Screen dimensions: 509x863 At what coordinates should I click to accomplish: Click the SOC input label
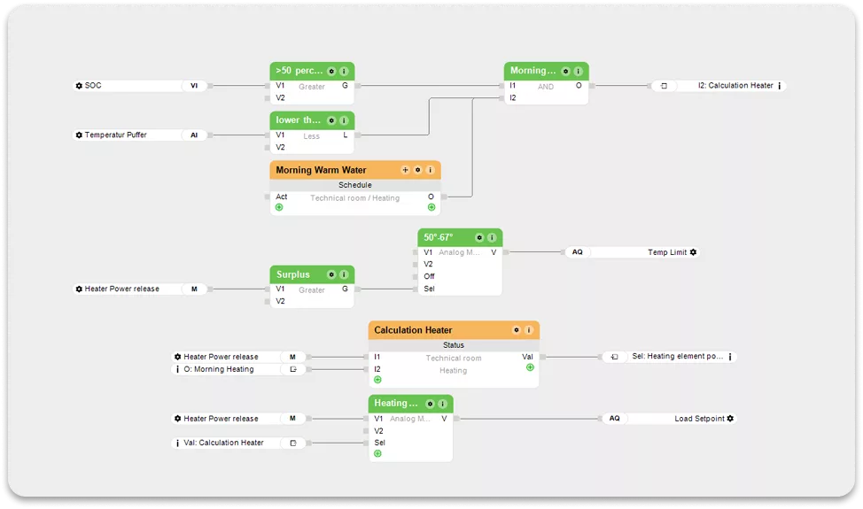click(93, 86)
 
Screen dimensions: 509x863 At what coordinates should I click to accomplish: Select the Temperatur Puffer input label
click(115, 135)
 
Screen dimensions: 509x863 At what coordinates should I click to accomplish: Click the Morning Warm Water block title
click(321, 170)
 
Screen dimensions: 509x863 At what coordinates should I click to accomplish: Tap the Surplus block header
click(293, 274)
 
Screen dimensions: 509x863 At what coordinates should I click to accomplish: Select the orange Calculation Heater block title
click(413, 330)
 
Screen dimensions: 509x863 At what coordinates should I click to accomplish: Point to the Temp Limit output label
click(666, 252)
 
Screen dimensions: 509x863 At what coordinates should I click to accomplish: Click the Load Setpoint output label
click(699, 419)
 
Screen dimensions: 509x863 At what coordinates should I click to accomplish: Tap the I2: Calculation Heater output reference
click(735, 86)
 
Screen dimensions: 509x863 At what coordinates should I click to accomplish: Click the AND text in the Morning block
click(546, 87)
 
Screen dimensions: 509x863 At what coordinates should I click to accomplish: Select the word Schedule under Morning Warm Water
click(355, 185)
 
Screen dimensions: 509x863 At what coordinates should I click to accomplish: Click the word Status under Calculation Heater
click(454, 345)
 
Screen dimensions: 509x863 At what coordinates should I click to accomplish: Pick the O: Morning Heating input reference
click(218, 369)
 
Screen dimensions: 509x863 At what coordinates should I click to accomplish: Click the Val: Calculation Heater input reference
click(223, 443)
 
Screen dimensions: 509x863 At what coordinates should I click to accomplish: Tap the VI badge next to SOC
click(194, 86)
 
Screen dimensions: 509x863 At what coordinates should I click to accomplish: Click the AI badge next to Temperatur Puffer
click(194, 135)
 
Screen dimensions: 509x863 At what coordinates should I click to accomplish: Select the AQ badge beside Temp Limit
click(577, 252)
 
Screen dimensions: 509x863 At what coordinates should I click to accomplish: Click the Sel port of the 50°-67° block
click(429, 289)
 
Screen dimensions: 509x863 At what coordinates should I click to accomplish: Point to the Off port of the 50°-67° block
click(429, 276)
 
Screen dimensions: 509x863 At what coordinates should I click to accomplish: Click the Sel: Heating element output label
click(678, 357)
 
